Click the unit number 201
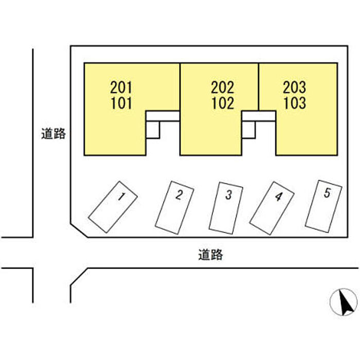[121, 87]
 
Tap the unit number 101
[121, 103]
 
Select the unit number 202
[222, 87]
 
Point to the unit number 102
[222, 103]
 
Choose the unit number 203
[294, 87]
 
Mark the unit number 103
[294, 103]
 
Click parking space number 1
[113, 206]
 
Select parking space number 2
[175, 207]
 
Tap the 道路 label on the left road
[53, 134]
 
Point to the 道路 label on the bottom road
[210, 254]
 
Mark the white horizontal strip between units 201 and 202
[163, 116]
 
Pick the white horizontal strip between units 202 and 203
[259, 116]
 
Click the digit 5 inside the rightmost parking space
[327, 193]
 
